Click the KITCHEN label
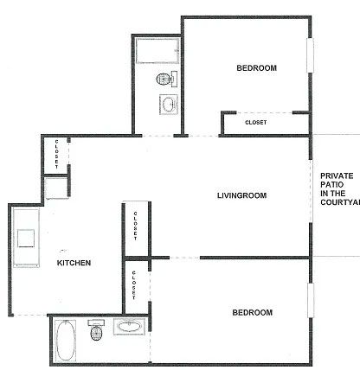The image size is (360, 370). coord(74,262)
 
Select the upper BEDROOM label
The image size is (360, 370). coord(256,68)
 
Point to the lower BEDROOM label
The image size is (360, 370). coord(253,312)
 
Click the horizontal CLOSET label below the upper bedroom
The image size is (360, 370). coord(256,123)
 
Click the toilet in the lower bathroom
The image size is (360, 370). coord(96,331)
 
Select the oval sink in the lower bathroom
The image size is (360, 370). coord(128,328)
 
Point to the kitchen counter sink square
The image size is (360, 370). coord(27,237)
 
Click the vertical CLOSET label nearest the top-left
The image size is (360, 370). coord(57,154)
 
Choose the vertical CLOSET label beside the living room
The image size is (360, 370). coord(136,227)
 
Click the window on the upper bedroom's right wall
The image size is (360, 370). coord(310,62)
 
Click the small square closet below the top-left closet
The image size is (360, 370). coord(56,188)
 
